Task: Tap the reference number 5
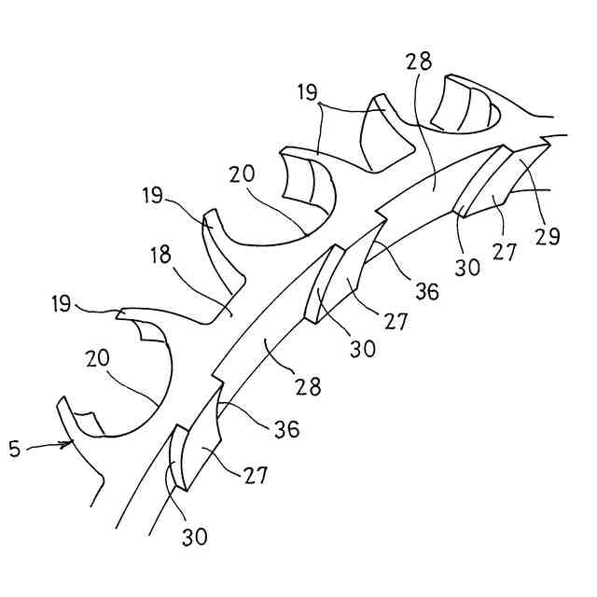pyautogui.click(x=13, y=450)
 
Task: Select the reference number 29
pyautogui.click(x=548, y=236)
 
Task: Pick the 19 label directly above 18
pyautogui.click(x=155, y=197)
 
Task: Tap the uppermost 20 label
pyautogui.click(x=241, y=174)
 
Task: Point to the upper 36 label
pyautogui.click(x=427, y=291)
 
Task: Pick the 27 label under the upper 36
pyautogui.click(x=396, y=322)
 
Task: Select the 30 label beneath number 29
pyautogui.click(x=468, y=266)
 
